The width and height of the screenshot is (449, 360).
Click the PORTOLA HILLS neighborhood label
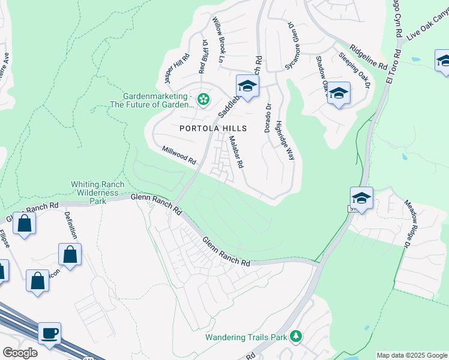click(213, 128)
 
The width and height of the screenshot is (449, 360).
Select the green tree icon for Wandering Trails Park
click(295, 336)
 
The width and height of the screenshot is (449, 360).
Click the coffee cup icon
click(49, 332)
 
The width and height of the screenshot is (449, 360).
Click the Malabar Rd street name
click(235, 151)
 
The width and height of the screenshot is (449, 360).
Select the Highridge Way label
click(285, 140)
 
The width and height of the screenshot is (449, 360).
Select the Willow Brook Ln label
click(217, 40)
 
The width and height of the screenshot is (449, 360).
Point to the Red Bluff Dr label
click(203, 57)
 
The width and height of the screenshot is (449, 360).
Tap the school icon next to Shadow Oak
click(339, 93)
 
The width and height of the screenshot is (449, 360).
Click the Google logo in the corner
click(20, 353)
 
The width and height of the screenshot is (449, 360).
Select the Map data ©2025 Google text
click(411, 355)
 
